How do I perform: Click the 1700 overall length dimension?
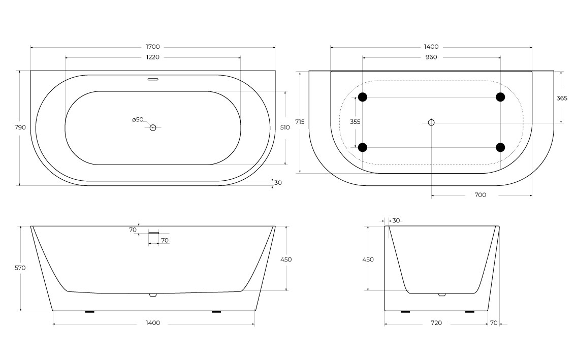[153, 47]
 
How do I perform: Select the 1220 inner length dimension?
[153, 57]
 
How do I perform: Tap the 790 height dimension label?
[20, 127]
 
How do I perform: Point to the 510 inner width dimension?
[285, 127]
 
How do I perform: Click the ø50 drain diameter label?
[138, 120]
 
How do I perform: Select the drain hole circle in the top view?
[152, 127]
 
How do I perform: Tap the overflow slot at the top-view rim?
[153, 79]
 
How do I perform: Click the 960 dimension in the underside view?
[431, 57]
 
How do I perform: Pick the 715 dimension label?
[300, 122]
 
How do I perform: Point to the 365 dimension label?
[562, 98]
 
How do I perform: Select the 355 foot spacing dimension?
[356, 122]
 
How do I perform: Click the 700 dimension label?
[480, 195]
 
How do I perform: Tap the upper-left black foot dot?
[362, 97]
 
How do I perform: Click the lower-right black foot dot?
[500, 147]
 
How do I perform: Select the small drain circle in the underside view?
[431, 122]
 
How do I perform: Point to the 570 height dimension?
[20, 268]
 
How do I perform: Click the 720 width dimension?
[436, 323]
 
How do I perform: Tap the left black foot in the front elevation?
[89, 312]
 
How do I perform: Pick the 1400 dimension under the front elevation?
[153, 323]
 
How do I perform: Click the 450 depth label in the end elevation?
[368, 259]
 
